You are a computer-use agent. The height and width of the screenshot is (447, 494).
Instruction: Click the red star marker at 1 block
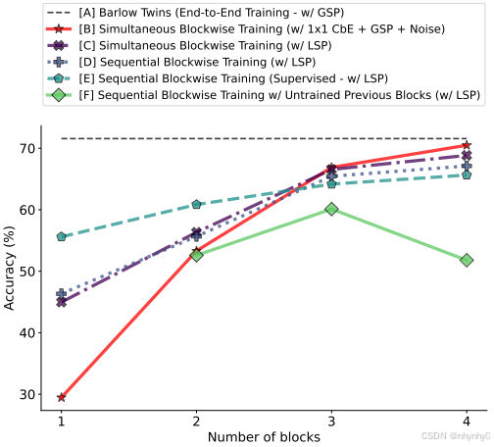coord(61,397)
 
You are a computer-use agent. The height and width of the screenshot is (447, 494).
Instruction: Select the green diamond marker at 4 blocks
coord(467,260)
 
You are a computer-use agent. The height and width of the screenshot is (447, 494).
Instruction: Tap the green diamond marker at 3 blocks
coord(331,209)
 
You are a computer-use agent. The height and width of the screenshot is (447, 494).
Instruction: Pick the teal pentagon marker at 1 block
coord(61,237)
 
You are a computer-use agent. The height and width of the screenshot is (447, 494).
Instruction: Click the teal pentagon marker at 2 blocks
coord(196,205)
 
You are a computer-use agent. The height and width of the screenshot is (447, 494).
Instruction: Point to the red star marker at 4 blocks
coord(467,146)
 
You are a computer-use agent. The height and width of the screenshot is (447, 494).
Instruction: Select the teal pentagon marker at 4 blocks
coord(467,174)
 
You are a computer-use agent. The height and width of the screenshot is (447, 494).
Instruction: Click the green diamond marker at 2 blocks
coord(196,255)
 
